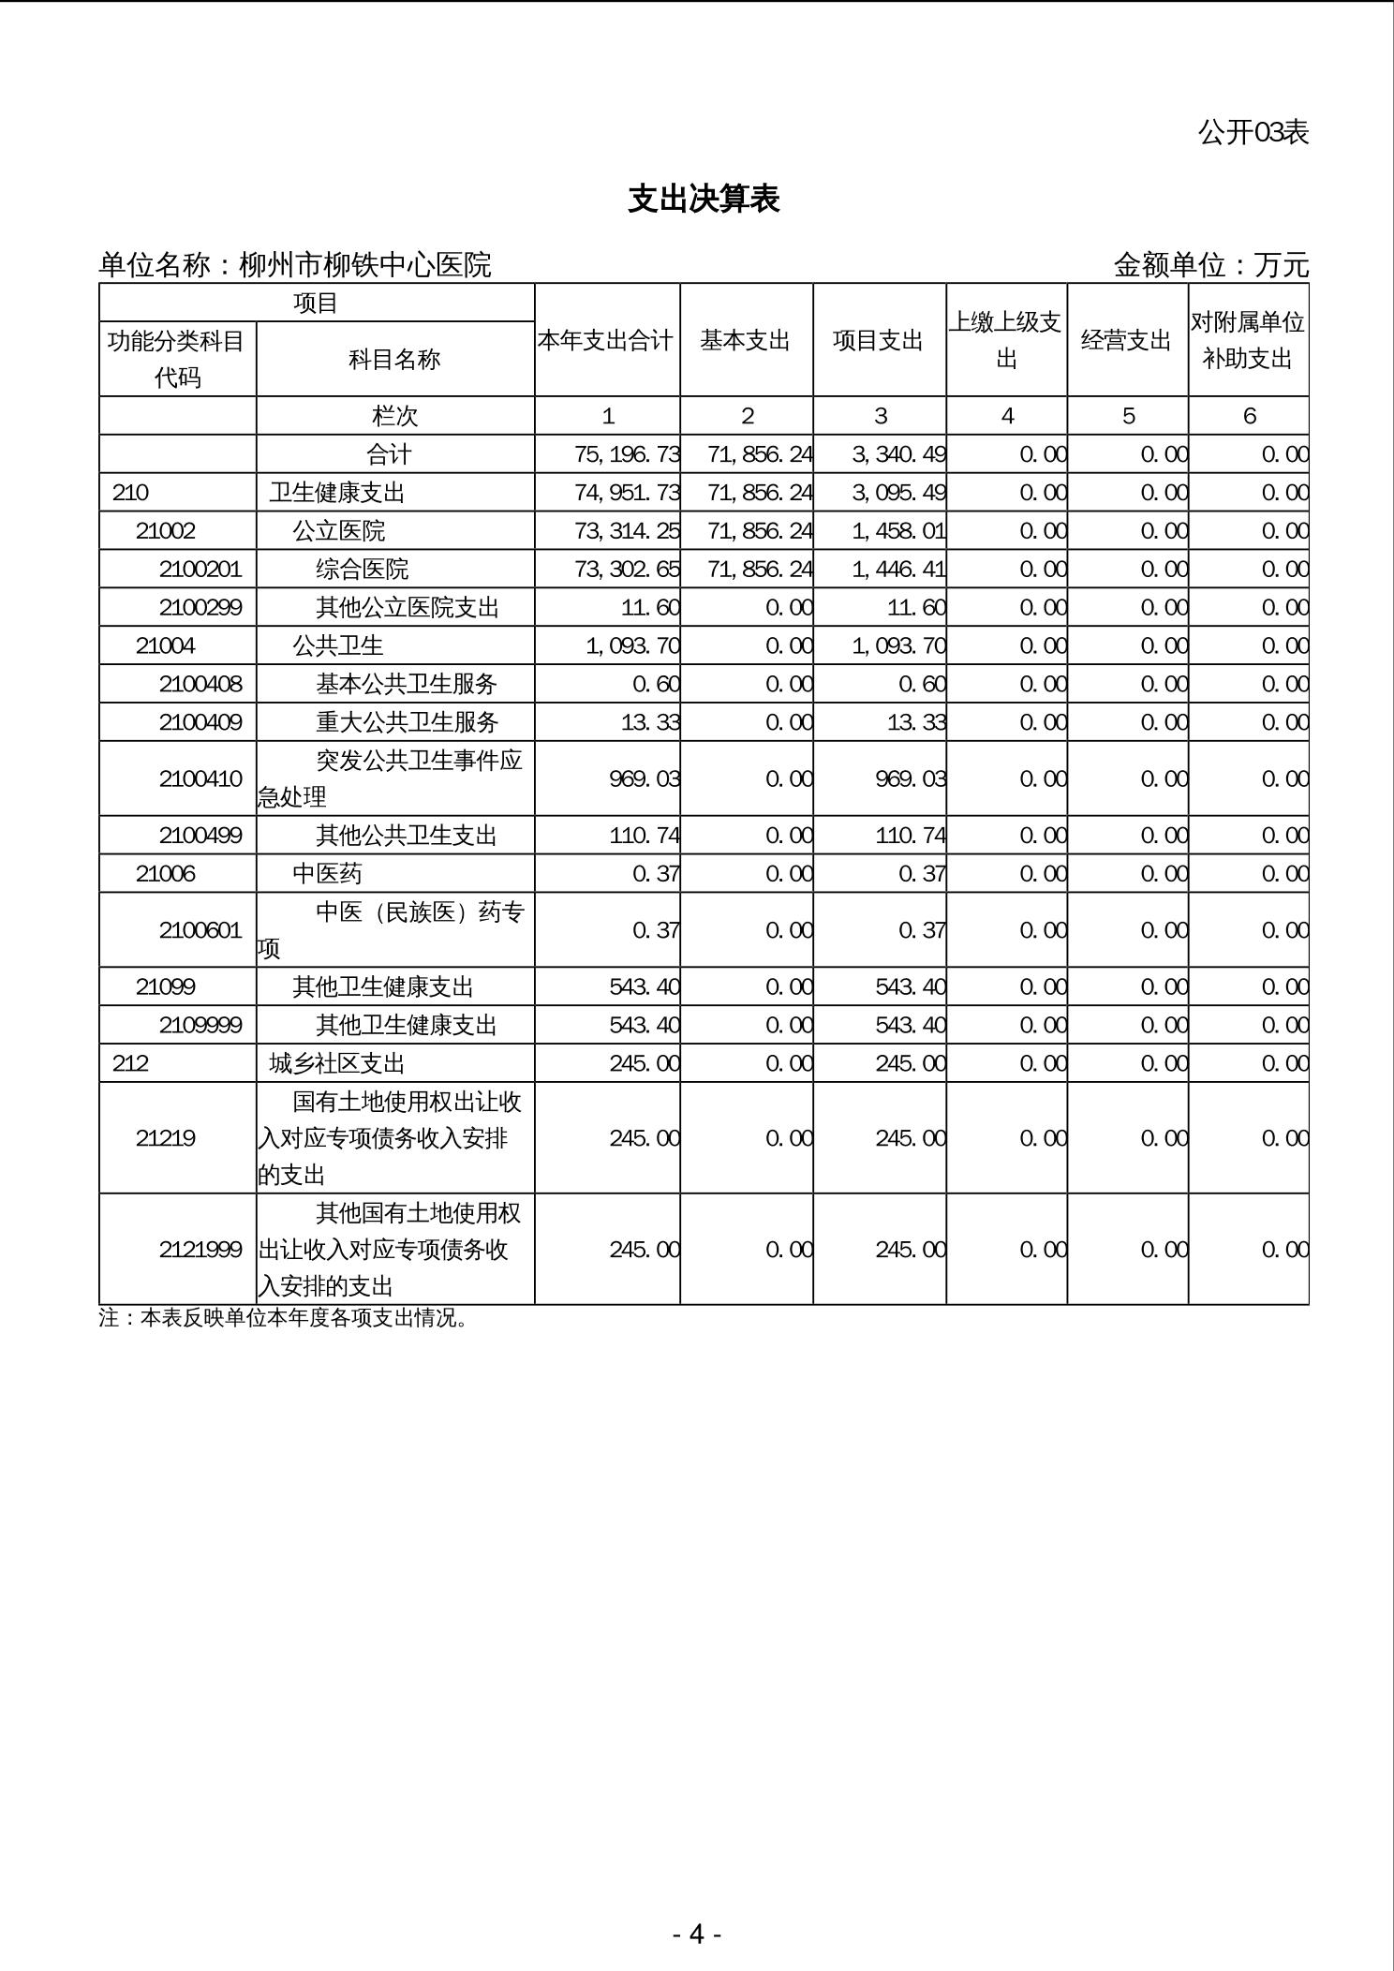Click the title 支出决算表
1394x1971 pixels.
click(x=704, y=200)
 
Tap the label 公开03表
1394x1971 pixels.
click(x=1253, y=132)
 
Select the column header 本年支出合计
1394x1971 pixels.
click(x=606, y=341)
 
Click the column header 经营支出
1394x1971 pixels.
click(x=1127, y=341)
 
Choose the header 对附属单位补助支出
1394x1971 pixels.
click(x=1248, y=340)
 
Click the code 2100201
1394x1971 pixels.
click(x=200, y=570)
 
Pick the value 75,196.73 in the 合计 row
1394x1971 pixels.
click(x=627, y=454)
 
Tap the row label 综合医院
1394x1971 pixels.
click(x=362, y=570)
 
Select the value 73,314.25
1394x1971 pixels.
click(x=627, y=531)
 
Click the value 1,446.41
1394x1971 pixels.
click(x=898, y=570)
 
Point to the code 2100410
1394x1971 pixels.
click(x=200, y=778)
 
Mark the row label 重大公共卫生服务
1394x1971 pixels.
click(x=407, y=722)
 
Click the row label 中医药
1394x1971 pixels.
click(x=327, y=874)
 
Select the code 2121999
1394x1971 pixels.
click(x=200, y=1250)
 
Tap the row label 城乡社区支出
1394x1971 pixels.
click(x=337, y=1064)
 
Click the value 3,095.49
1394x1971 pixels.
click(x=898, y=493)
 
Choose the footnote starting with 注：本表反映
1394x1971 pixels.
click(x=283, y=1318)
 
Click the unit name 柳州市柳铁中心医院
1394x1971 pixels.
click(x=365, y=266)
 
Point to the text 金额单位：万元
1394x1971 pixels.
click(x=1210, y=266)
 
